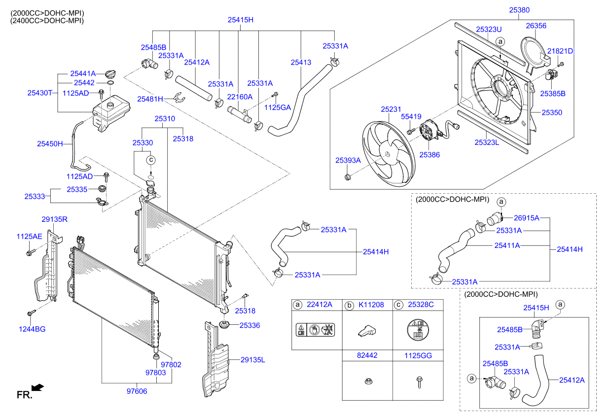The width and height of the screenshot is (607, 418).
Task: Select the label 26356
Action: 536,25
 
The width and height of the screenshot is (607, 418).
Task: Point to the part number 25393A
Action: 348,160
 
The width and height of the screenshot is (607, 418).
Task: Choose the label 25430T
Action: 39,92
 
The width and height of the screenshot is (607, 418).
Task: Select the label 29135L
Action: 252,360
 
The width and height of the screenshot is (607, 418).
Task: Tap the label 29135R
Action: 54,218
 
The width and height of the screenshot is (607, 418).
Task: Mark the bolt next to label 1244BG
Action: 31,313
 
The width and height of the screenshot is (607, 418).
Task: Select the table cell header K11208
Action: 371,305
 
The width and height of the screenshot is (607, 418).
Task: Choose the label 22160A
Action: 240,97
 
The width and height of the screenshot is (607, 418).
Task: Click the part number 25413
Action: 301,63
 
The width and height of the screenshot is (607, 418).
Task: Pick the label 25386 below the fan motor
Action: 429,154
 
